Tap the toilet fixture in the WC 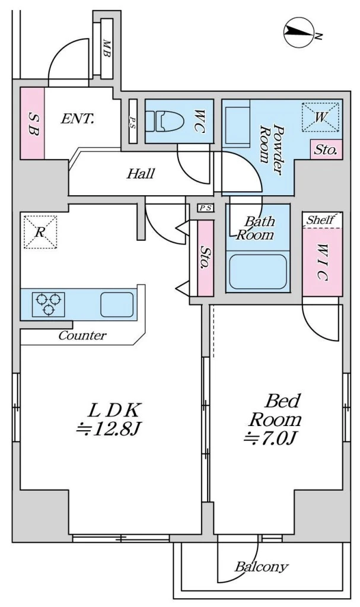(x=163, y=121)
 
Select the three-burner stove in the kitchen (x=49, y=304)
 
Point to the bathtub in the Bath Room (x=258, y=271)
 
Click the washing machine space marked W (x=320, y=116)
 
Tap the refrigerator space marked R (x=40, y=232)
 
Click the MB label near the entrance (x=106, y=49)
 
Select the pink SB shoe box (x=32, y=123)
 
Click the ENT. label (x=78, y=119)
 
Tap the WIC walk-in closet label (x=323, y=262)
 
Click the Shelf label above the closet (x=320, y=220)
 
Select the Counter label (x=82, y=335)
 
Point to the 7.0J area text (x=270, y=438)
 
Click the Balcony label (x=262, y=567)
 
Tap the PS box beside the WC (x=133, y=121)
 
